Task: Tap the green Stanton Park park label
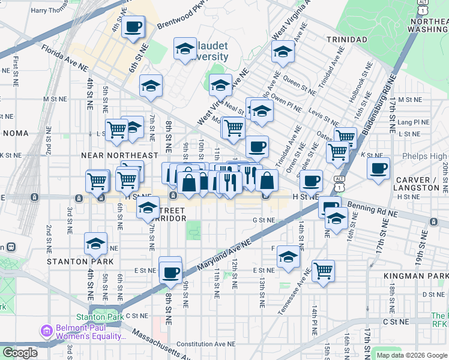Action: pos(99,316)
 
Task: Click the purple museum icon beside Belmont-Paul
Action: pos(46,331)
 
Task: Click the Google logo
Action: pos(20,352)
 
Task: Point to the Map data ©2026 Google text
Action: pos(411,355)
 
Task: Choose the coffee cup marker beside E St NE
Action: pos(170,272)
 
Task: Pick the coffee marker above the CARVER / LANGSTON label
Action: pos(378,168)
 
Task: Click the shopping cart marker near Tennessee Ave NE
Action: pos(324,270)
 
